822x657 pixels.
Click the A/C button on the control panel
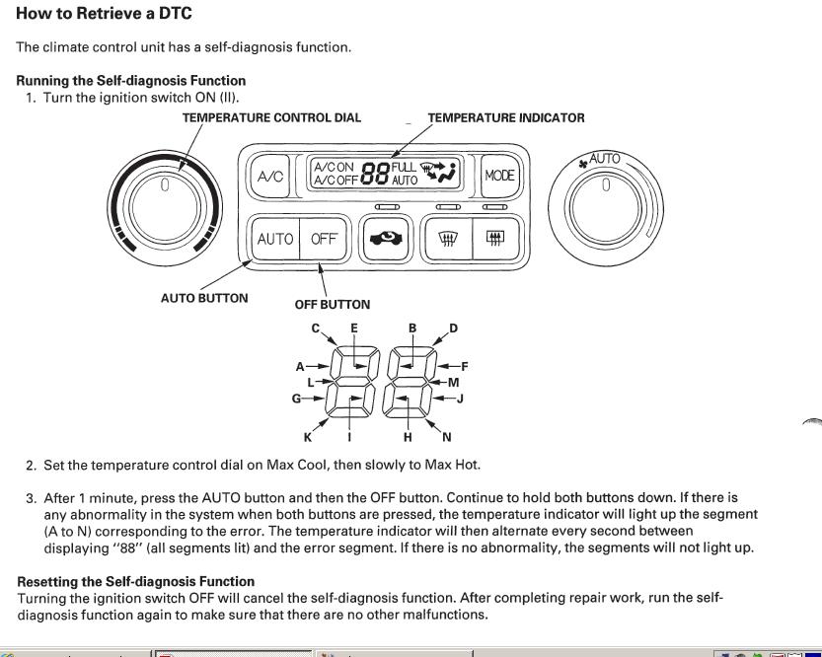point(270,176)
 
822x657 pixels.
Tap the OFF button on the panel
point(324,239)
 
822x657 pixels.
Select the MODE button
point(500,176)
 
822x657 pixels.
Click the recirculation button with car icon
point(386,239)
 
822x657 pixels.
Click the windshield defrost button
point(446,239)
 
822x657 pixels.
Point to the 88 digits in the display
point(375,175)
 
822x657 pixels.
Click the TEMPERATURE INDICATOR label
point(505,117)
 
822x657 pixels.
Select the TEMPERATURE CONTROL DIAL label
point(271,117)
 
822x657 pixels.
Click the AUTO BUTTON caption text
point(204,298)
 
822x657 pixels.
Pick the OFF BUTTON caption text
point(333,305)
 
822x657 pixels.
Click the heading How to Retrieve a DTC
point(105,14)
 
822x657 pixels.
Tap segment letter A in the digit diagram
point(300,366)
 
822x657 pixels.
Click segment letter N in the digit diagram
point(447,437)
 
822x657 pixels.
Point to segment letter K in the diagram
point(308,437)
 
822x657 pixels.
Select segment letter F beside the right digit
point(465,366)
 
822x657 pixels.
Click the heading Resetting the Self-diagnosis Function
point(136,581)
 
